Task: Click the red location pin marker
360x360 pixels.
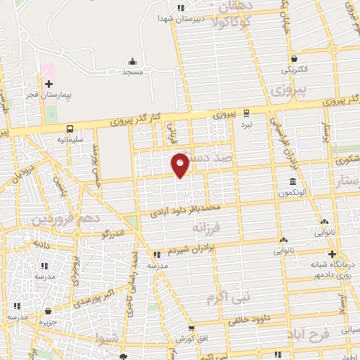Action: pyautogui.click(x=180, y=165)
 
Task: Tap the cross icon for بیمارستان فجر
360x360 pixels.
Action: pyautogui.click(x=48, y=84)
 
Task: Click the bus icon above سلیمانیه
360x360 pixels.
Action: pyautogui.click(x=70, y=129)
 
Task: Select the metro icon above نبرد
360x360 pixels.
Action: pyautogui.click(x=246, y=112)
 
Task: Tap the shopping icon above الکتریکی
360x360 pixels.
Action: pyautogui.click(x=294, y=59)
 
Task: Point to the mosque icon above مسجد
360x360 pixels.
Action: pyautogui.click(x=132, y=61)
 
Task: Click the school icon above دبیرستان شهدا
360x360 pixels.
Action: pyautogui.click(x=181, y=8)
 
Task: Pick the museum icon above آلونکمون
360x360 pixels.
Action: pyautogui.click(x=292, y=182)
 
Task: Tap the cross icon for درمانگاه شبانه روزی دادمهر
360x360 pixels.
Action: pyautogui.click(x=332, y=254)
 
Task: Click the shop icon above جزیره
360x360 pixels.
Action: pyautogui.click(x=47, y=311)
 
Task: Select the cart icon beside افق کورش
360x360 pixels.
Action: pyautogui.click(x=191, y=328)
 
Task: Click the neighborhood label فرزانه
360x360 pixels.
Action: pyautogui.click(x=207, y=229)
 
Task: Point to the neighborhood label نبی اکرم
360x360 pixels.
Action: pyautogui.click(x=228, y=297)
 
